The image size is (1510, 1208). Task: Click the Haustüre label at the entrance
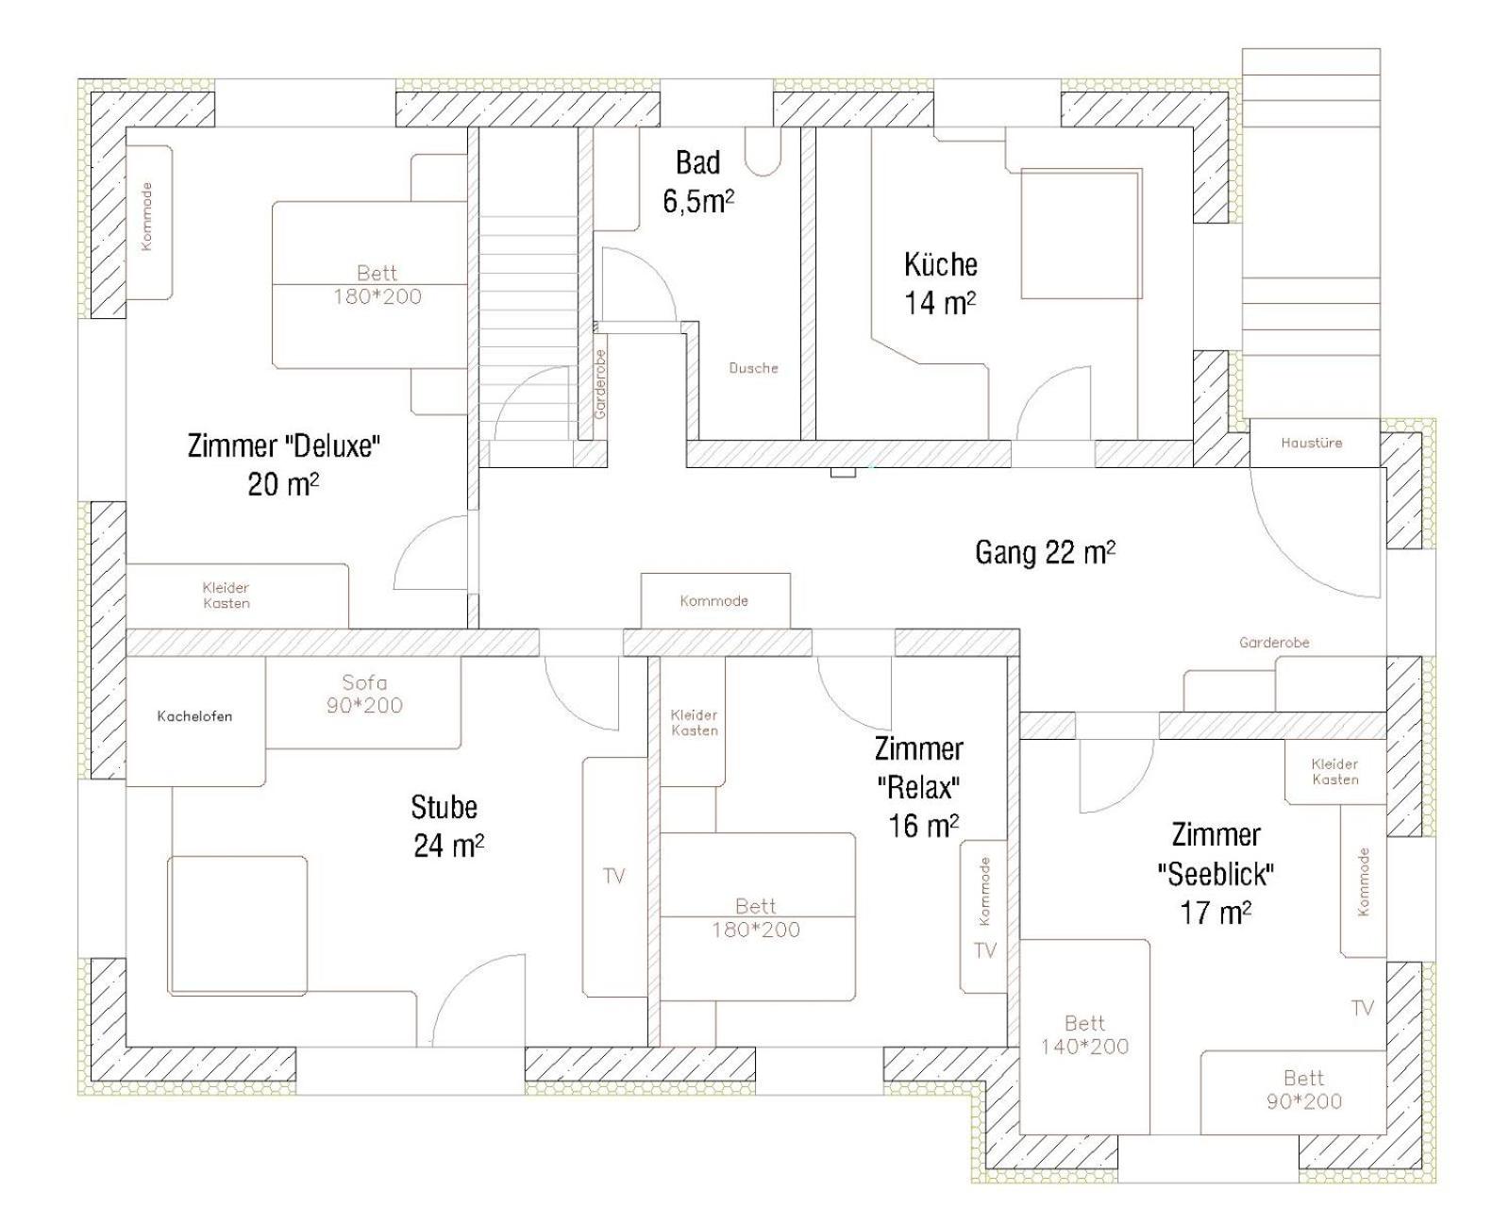point(1311,443)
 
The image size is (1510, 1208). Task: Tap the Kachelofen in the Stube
point(194,716)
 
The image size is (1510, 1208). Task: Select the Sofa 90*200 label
point(364,694)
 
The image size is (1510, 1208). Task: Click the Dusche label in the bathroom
point(753,368)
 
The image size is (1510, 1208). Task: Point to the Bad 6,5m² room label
point(698,181)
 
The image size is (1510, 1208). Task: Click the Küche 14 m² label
point(940,283)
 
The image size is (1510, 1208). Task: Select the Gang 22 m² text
point(1045,552)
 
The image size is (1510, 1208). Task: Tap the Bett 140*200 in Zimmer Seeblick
point(1084,1034)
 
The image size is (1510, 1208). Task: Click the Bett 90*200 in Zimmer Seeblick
point(1303,1089)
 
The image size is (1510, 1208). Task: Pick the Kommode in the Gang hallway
point(713,600)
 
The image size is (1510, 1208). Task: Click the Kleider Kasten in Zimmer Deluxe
point(226,596)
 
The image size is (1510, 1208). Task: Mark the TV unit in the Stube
point(613,877)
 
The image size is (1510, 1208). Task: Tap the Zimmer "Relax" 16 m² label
point(918,786)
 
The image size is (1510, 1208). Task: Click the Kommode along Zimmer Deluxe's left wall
point(146,217)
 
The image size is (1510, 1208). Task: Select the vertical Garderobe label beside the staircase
point(600,384)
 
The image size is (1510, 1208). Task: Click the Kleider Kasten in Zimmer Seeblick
point(1334,772)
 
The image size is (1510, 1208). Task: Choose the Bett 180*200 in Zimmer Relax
point(755,917)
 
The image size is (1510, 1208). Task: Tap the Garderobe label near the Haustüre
point(1274,643)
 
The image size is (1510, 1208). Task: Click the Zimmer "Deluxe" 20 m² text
point(283,463)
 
